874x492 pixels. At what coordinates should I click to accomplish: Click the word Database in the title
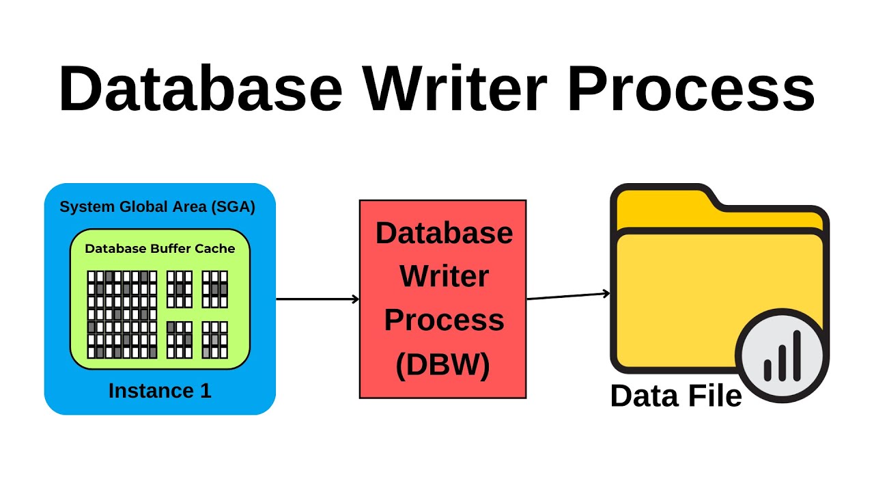tap(200, 89)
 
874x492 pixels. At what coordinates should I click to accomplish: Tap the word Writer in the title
tap(455, 89)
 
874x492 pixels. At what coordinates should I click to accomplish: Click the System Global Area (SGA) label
tap(157, 206)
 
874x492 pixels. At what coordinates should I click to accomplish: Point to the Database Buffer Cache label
tap(160, 249)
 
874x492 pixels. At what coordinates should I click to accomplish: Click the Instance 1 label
tap(160, 391)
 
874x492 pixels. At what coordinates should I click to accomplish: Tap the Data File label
tap(675, 396)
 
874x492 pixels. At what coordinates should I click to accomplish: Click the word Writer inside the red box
tap(444, 277)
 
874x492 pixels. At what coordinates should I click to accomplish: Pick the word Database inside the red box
tap(444, 233)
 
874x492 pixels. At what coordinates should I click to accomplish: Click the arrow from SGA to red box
tap(318, 299)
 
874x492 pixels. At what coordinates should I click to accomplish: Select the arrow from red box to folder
tap(568, 295)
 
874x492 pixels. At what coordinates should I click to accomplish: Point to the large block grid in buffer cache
tap(122, 314)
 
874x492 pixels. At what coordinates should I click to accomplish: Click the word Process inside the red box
tap(444, 320)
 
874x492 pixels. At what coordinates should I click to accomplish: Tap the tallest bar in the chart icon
tap(796, 355)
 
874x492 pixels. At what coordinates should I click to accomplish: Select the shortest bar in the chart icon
tap(767, 370)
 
